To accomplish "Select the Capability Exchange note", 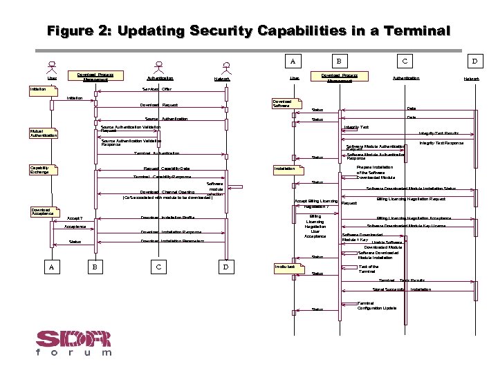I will click(40, 169).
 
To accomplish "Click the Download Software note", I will click(284, 104).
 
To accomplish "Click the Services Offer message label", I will click(157, 90).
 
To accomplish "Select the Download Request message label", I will click(159, 106).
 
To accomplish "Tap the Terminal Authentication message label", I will click(156, 153).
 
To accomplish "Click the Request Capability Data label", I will click(167, 169).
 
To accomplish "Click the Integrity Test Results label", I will click(439, 133).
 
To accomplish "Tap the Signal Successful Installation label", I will click(401, 289).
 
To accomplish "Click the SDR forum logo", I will click(73, 343).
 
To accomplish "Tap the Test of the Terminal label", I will click(369, 269).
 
